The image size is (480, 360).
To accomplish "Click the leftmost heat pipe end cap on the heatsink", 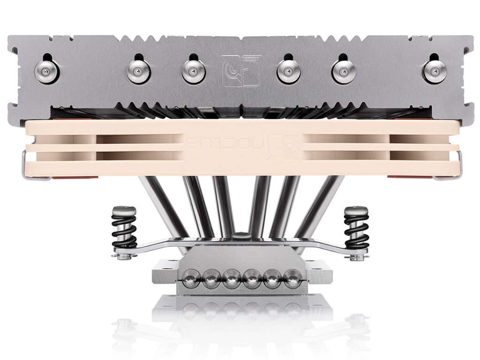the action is tap(47, 71).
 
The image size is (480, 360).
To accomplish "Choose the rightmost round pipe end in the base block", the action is tap(292, 278).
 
